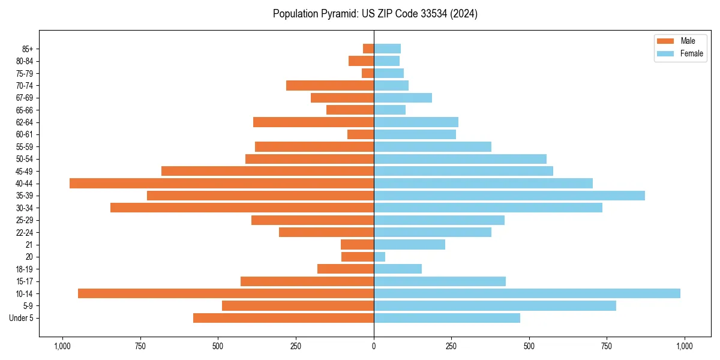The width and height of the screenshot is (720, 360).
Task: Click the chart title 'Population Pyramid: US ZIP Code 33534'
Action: click(375, 14)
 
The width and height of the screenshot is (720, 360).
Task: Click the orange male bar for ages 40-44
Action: click(221, 183)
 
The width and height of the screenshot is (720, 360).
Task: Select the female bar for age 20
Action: click(379, 257)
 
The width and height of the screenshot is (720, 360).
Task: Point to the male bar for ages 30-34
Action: click(242, 208)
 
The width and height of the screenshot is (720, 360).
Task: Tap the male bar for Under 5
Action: click(283, 318)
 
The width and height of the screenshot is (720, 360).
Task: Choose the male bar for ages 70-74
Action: click(330, 85)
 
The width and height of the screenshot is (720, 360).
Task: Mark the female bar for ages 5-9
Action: click(494, 305)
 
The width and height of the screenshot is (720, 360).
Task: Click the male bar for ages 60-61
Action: click(361, 134)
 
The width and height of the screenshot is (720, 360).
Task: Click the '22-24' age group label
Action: click(24, 232)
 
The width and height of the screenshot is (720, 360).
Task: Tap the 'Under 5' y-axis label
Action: click(22, 318)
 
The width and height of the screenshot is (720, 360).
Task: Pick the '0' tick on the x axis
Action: click(374, 346)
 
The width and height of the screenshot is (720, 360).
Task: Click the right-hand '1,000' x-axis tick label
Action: click(685, 346)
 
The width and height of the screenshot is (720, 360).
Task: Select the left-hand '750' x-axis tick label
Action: click(140, 346)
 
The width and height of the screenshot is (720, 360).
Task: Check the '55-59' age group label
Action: click(24, 146)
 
